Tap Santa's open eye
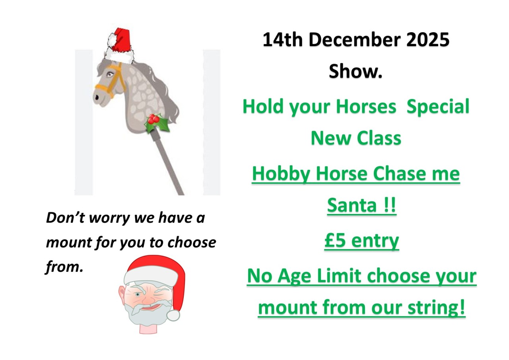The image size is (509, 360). click(137, 295)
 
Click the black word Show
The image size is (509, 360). click(356, 72)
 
